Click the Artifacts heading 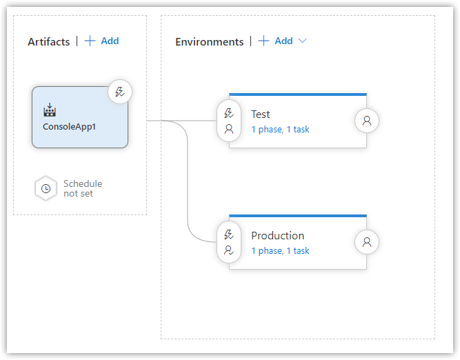point(49,41)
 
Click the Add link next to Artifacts point(110,41)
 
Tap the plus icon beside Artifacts point(90,41)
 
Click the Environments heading point(210,41)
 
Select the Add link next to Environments point(283,41)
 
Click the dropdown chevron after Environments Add point(303,41)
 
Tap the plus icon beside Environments point(263,41)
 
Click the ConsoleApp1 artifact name point(69,127)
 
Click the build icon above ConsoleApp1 point(50,110)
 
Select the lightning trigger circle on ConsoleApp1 point(120,92)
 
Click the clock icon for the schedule point(46,188)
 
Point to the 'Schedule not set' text point(83,188)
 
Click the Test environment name point(261,114)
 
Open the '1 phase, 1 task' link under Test point(280,130)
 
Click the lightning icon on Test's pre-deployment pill point(229,113)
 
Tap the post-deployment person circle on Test point(367,121)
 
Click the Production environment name point(277,236)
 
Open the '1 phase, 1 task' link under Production point(280,251)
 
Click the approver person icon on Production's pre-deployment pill point(229,250)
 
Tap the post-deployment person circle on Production point(367,242)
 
